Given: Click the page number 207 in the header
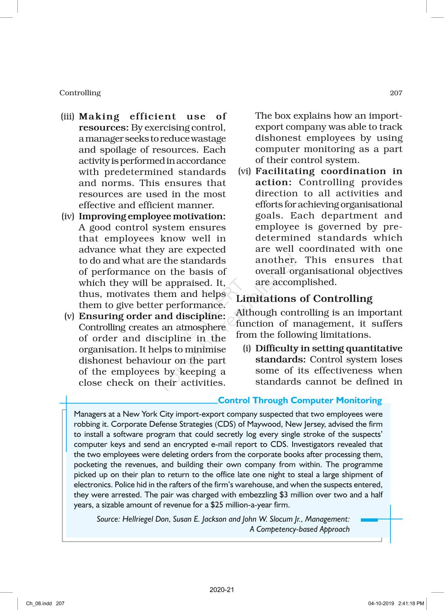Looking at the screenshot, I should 396,93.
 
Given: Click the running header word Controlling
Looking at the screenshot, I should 80,93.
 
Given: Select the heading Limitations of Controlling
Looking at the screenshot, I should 304,299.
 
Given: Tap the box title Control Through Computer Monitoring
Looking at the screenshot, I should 299,400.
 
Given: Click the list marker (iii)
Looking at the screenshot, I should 68,117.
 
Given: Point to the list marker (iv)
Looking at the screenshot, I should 68,217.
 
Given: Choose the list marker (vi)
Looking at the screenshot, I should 245,171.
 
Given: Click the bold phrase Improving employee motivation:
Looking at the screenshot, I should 152,217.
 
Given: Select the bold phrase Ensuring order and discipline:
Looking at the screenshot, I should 152,316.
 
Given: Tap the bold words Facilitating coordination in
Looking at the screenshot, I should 329,171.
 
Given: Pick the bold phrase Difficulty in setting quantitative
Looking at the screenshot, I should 329,349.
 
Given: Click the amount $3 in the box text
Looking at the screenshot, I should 283,495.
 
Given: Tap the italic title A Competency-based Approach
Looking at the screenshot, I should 299,529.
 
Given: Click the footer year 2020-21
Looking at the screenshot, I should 222,590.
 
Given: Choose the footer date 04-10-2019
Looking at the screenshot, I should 381,604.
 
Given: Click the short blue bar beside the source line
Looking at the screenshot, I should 369,520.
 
